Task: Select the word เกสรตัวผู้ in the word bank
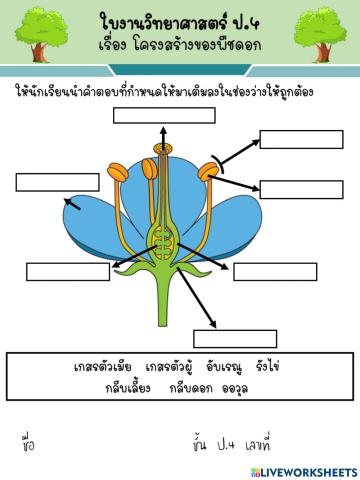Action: click(169, 367)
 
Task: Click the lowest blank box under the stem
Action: click(235, 338)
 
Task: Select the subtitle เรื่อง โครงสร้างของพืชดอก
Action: click(181, 49)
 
